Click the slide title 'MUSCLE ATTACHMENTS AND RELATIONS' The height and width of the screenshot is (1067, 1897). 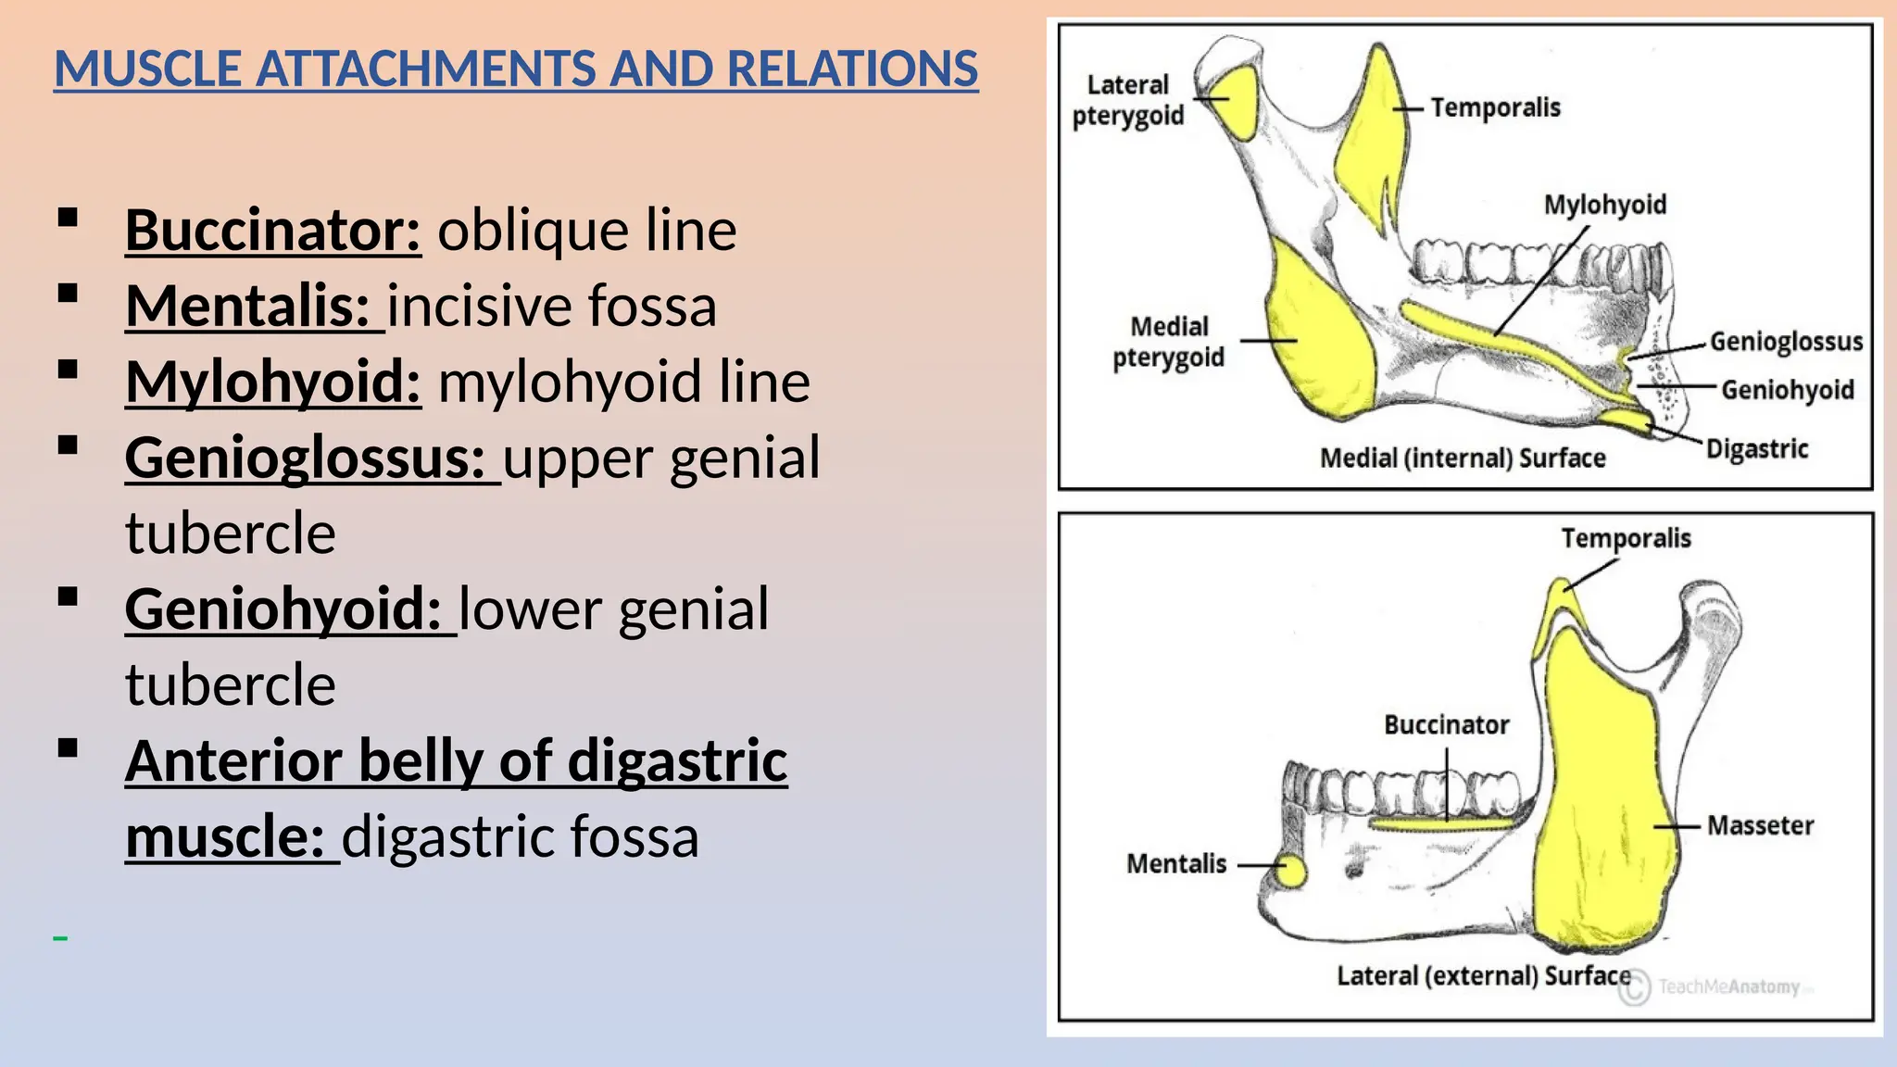click(x=516, y=69)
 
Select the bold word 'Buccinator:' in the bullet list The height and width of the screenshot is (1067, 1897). click(x=273, y=230)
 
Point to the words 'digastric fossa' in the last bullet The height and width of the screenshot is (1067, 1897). click(x=520, y=836)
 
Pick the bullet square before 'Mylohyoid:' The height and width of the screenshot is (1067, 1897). click(x=68, y=370)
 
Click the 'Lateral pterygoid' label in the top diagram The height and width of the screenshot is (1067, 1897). click(x=1128, y=100)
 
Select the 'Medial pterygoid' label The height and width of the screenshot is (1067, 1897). click(x=1168, y=342)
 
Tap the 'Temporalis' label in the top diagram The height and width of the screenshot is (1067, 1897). click(x=1495, y=107)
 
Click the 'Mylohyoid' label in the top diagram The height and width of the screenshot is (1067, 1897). click(x=1604, y=205)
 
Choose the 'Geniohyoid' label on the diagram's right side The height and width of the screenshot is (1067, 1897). click(x=1787, y=390)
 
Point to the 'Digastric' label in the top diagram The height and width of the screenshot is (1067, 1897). click(x=1756, y=449)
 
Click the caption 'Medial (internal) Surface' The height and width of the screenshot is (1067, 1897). click(x=1462, y=458)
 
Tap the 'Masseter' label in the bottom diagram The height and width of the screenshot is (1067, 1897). click(x=1759, y=825)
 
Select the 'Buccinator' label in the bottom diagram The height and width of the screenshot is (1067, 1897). click(x=1446, y=724)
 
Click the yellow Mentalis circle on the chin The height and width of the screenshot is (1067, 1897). click(x=1289, y=871)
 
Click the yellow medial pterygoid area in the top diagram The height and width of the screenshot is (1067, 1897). click(x=1320, y=343)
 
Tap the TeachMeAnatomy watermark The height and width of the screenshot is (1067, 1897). click(x=1727, y=987)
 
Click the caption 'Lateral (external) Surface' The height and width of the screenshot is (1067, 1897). click(x=1483, y=976)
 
